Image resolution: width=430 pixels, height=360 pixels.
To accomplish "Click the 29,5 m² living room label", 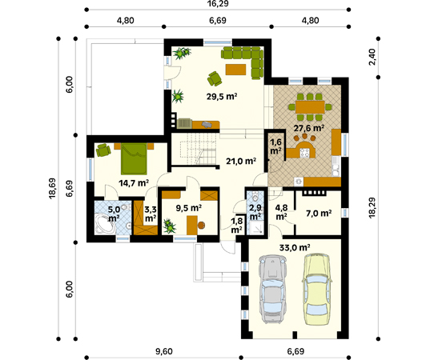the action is click(222, 97).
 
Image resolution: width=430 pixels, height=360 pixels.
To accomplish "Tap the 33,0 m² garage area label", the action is click(295, 248).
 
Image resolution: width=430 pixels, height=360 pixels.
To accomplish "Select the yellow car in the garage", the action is click(317, 290).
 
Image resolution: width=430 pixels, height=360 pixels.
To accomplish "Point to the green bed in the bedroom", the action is click(134, 158).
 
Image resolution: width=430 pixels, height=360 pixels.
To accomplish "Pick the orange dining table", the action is click(310, 106).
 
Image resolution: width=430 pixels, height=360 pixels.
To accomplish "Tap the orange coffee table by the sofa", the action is click(236, 70).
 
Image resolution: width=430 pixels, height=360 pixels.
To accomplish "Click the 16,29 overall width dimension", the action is click(218, 4).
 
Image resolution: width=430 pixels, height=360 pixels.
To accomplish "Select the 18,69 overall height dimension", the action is click(52, 188).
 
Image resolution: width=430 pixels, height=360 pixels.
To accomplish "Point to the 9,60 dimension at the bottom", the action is click(163, 351).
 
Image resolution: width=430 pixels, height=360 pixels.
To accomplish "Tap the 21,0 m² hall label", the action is click(241, 161).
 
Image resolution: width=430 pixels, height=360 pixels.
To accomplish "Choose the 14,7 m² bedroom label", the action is click(134, 182).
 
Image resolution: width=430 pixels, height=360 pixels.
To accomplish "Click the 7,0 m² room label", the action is click(319, 213).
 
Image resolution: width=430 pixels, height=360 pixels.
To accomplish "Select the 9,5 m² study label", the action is click(189, 208).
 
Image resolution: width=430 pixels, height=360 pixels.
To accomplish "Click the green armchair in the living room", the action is click(215, 78).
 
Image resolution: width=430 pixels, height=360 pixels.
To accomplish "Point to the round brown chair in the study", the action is click(201, 225).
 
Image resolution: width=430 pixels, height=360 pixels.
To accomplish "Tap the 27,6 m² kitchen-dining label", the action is click(309, 128).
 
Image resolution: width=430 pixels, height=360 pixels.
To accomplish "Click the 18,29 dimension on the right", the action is click(372, 208).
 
